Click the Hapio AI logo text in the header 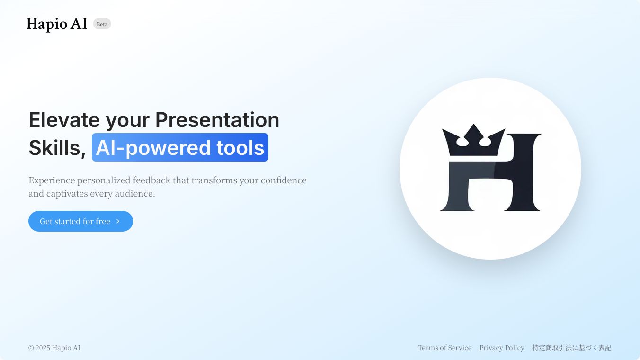[x=57, y=24]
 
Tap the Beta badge [x=102, y=24]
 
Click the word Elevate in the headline [x=64, y=120]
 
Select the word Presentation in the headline [x=217, y=120]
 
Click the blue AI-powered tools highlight [x=180, y=147]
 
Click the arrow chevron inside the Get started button [x=118, y=221]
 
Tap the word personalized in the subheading [x=104, y=181]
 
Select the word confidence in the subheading [x=284, y=180]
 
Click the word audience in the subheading [x=134, y=194]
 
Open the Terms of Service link [x=444, y=348]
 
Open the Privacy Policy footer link [x=502, y=348]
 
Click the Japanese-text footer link [x=571, y=348]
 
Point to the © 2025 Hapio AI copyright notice [x=54, y=348]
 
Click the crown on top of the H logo [x=473, y=142]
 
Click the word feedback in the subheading [x=151, y=180]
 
